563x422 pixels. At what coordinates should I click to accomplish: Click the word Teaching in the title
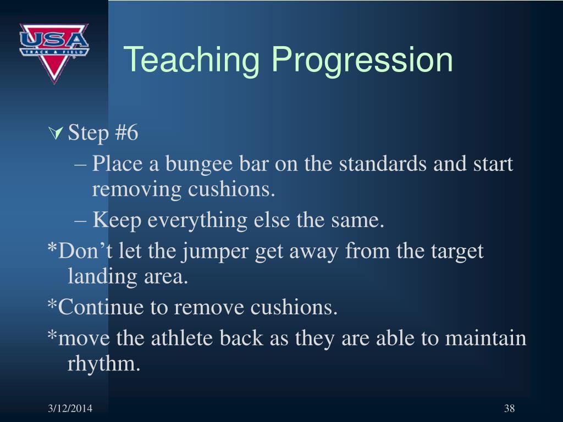192,60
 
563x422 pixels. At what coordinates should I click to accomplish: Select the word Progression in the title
362,60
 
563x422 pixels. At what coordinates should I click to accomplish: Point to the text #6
126,132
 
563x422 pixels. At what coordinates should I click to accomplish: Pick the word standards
383,163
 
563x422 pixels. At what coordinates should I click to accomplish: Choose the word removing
137,190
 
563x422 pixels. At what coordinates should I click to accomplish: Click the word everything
197,221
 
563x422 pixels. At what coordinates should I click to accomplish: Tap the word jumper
214,252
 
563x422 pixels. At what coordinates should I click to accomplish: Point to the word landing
102,277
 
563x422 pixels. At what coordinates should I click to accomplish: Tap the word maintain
485,338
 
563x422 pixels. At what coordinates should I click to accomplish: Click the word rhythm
103,364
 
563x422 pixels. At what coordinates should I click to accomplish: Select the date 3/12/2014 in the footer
70,408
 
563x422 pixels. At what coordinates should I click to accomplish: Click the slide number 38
509,408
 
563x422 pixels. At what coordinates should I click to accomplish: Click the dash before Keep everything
80,221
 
